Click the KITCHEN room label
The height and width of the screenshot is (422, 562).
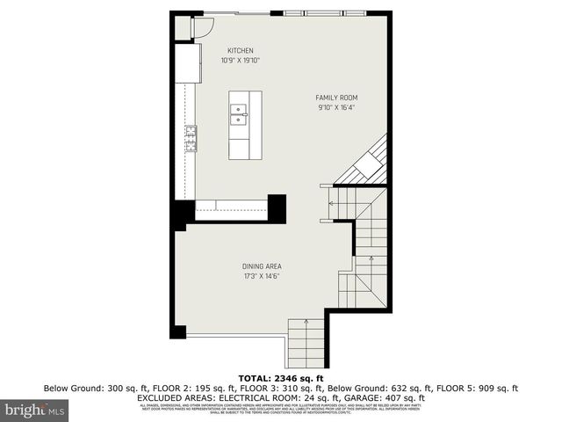click(x=241, y=50)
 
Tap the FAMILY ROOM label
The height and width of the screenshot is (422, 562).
click(x=336, y=98)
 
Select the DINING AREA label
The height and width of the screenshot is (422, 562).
click(x=262, y=266)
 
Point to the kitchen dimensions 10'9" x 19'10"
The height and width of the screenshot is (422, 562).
click(x=241, y=61)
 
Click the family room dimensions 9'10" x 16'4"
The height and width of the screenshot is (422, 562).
click(x=336, y=108)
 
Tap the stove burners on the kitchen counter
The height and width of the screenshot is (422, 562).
click(x=190, y=135)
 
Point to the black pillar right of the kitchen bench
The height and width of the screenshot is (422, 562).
click(x=277, y=207)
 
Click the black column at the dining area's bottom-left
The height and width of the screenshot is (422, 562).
click(x=179, y=332)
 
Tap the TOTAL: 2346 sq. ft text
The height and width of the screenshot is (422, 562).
click(x=281, y=376)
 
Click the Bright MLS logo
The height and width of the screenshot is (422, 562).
click(x=35, y=410)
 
